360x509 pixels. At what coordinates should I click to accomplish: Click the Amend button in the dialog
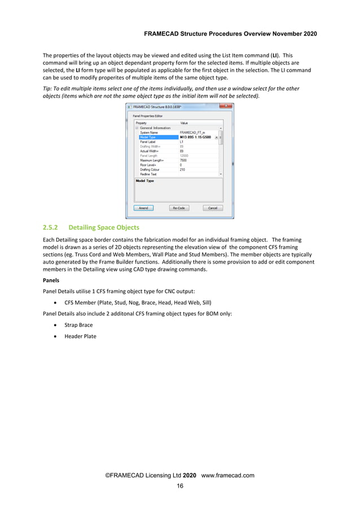pyautogui.click(x=143, y=208)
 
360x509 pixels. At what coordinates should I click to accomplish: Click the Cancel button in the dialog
pyautogui.click(x=213, y=208)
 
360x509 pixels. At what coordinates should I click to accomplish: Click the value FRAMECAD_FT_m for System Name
pyautogui.click(x=192, y=132)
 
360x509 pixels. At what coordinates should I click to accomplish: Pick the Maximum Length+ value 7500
pyautogui.click(x=184, y=160)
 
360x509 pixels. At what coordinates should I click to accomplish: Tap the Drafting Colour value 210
pyautogui.click(x=182, y=169)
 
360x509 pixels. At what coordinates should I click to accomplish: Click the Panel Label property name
pyautogui.click(x=148, y=142)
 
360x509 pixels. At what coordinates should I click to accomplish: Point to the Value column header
pyautogui.click(x=184, y=122)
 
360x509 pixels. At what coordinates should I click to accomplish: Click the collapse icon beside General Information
pyautogui.click(x=136, y=128)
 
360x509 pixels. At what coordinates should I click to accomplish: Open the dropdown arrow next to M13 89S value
pyautogui.click(x=217, y=137)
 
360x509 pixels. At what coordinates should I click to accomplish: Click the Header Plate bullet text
pyautogui.click(x=80, y=336)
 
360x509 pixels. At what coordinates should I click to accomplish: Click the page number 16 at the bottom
pyautogui.click(x=180, y=486)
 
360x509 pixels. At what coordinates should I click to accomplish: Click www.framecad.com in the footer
pyautogui.click(x=227, y=475)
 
